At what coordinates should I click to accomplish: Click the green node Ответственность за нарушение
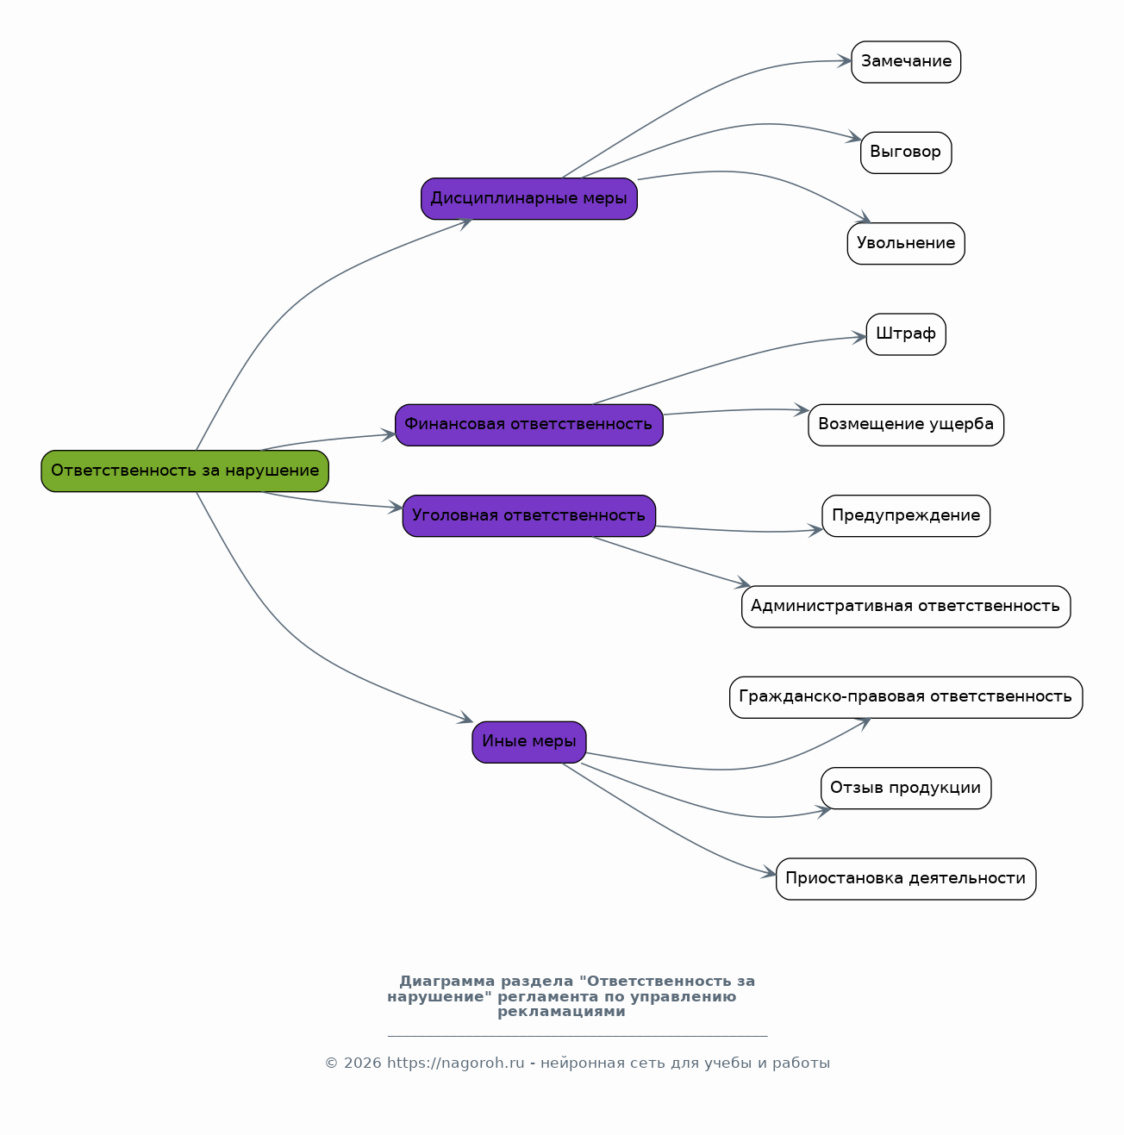point(185,471)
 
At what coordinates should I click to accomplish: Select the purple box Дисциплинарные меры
point(529,198)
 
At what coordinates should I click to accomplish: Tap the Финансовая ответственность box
point(529,425)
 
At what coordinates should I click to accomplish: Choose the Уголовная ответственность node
point(529,516)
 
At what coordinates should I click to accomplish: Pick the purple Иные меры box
point(529,742)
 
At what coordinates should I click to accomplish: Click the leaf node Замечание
point(906,62)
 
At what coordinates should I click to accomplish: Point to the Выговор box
point(906,153)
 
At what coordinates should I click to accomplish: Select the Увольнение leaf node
point(906,243)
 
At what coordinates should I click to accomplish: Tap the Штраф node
point(906,334)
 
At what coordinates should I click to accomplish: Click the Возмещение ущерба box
point(906,425)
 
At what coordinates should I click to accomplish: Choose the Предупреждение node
point(906,516)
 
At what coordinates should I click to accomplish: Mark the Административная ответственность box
point(906,607)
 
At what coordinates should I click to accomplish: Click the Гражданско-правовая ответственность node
point(906,697)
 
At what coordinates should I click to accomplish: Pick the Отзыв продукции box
point(906,788)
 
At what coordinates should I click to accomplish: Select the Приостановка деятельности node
point(906,879)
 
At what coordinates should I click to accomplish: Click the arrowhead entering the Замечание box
point(845,60)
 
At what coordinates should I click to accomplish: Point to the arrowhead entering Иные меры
point(466,718)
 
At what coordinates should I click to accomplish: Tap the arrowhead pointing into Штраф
point(859,337)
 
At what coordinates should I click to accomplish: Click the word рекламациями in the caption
point(561,1011)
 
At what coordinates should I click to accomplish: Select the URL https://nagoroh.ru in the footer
point(455,1063)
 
